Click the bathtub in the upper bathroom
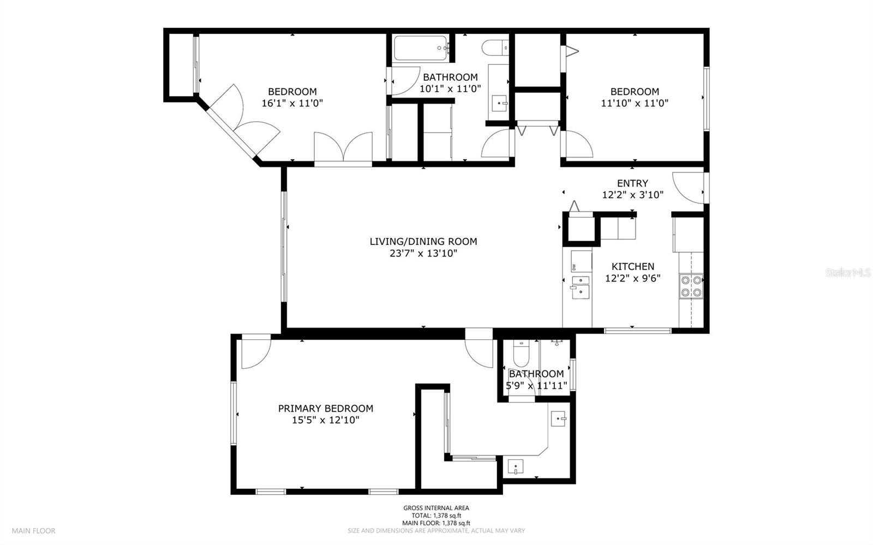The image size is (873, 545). click(x=421, y=48)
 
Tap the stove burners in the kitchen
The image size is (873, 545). click(x=691, y=286)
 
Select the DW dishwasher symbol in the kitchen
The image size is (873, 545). click(x=575, y=266)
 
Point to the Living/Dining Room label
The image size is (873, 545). click(x=423, y=241)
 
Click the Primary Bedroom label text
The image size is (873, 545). click(x=326, y=408)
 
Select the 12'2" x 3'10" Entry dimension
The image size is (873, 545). click(x=632, y=195)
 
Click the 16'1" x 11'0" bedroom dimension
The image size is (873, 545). click(x=292, y=103)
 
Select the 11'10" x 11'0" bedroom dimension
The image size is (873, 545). click(x=635, y=103)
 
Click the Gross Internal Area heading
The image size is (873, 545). click(x=436, y=508)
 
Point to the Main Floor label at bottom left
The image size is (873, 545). click(x=34, y=530)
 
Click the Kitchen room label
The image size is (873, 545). click(x=632, y=266)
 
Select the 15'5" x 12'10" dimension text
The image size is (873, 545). click(x=326, y=420)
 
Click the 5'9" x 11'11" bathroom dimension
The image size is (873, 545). click(x=536, y=386)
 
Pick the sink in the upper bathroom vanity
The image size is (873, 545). click(x=499, y=103)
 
